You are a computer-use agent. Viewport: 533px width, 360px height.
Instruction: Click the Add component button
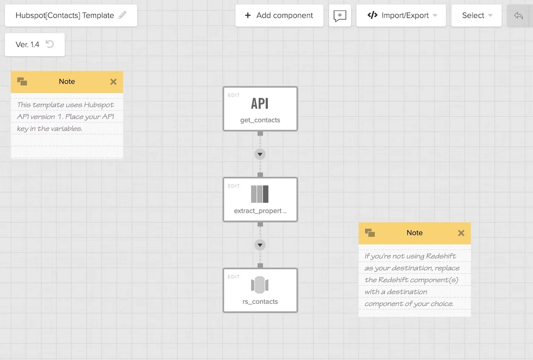[x=279, y=16]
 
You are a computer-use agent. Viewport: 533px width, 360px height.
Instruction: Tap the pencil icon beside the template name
[x=123, y=15]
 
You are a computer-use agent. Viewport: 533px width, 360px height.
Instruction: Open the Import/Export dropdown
[x=401, y=16]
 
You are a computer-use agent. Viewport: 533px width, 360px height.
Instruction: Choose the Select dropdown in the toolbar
[x=476, y=16]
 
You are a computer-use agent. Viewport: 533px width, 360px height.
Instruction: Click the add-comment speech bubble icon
[x=340, y=16]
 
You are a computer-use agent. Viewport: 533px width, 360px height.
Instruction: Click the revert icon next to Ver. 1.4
[x=50, y=44]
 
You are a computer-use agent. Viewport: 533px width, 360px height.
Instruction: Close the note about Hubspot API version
[x=114, y=82]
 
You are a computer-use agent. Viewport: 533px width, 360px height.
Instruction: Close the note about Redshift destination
[x=461, y=233]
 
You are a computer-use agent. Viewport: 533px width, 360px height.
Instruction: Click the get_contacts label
[x=260, y=120]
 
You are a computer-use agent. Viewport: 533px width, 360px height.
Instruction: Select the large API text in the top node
[x=260, y=104]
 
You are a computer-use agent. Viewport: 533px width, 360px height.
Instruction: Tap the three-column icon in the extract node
[x=260, y=194]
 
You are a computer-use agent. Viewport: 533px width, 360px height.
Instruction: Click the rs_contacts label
[x=260, y=301]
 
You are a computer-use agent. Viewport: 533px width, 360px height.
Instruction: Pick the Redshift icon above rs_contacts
[x=260, y=285]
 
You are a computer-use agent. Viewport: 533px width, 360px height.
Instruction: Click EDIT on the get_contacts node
[x=234, y=95]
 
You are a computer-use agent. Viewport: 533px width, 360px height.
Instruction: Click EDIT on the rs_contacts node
[x=234, y=277]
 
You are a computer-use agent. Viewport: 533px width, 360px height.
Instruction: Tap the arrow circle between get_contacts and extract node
[x=260, y=154]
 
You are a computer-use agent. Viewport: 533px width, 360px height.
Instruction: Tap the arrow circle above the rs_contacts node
[x=260, y=245]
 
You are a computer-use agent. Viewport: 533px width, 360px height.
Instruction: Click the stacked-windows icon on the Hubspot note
[x=22, y=81]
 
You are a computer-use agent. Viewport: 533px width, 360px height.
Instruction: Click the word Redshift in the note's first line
[x=441, y=256]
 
